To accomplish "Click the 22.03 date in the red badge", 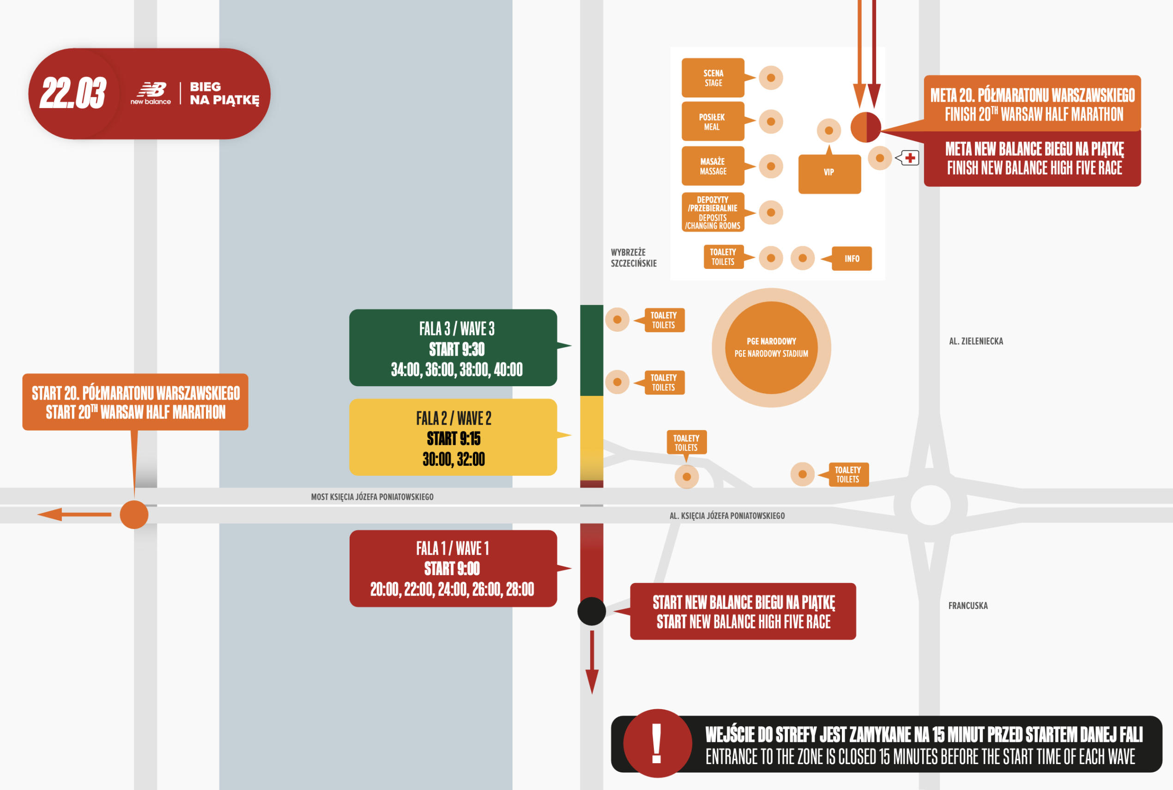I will pos(73,93).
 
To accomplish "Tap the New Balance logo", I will pos(151,93).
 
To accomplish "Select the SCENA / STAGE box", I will pos(713,78).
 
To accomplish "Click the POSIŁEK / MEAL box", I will pos(713,122).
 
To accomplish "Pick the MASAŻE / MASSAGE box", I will pos(713,166).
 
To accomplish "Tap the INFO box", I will pos(852,258).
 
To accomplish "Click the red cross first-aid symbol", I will pos(910,158).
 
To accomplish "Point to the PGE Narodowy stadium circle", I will pos(771,347).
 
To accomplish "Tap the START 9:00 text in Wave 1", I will pos(452,568).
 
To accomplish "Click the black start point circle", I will pos(591,611).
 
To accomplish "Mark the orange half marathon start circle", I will pos(134,514).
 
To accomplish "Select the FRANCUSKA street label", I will pos(967,606).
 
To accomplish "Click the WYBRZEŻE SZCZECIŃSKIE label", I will pos(634,257).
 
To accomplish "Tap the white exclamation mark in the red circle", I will pos(656,743).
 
